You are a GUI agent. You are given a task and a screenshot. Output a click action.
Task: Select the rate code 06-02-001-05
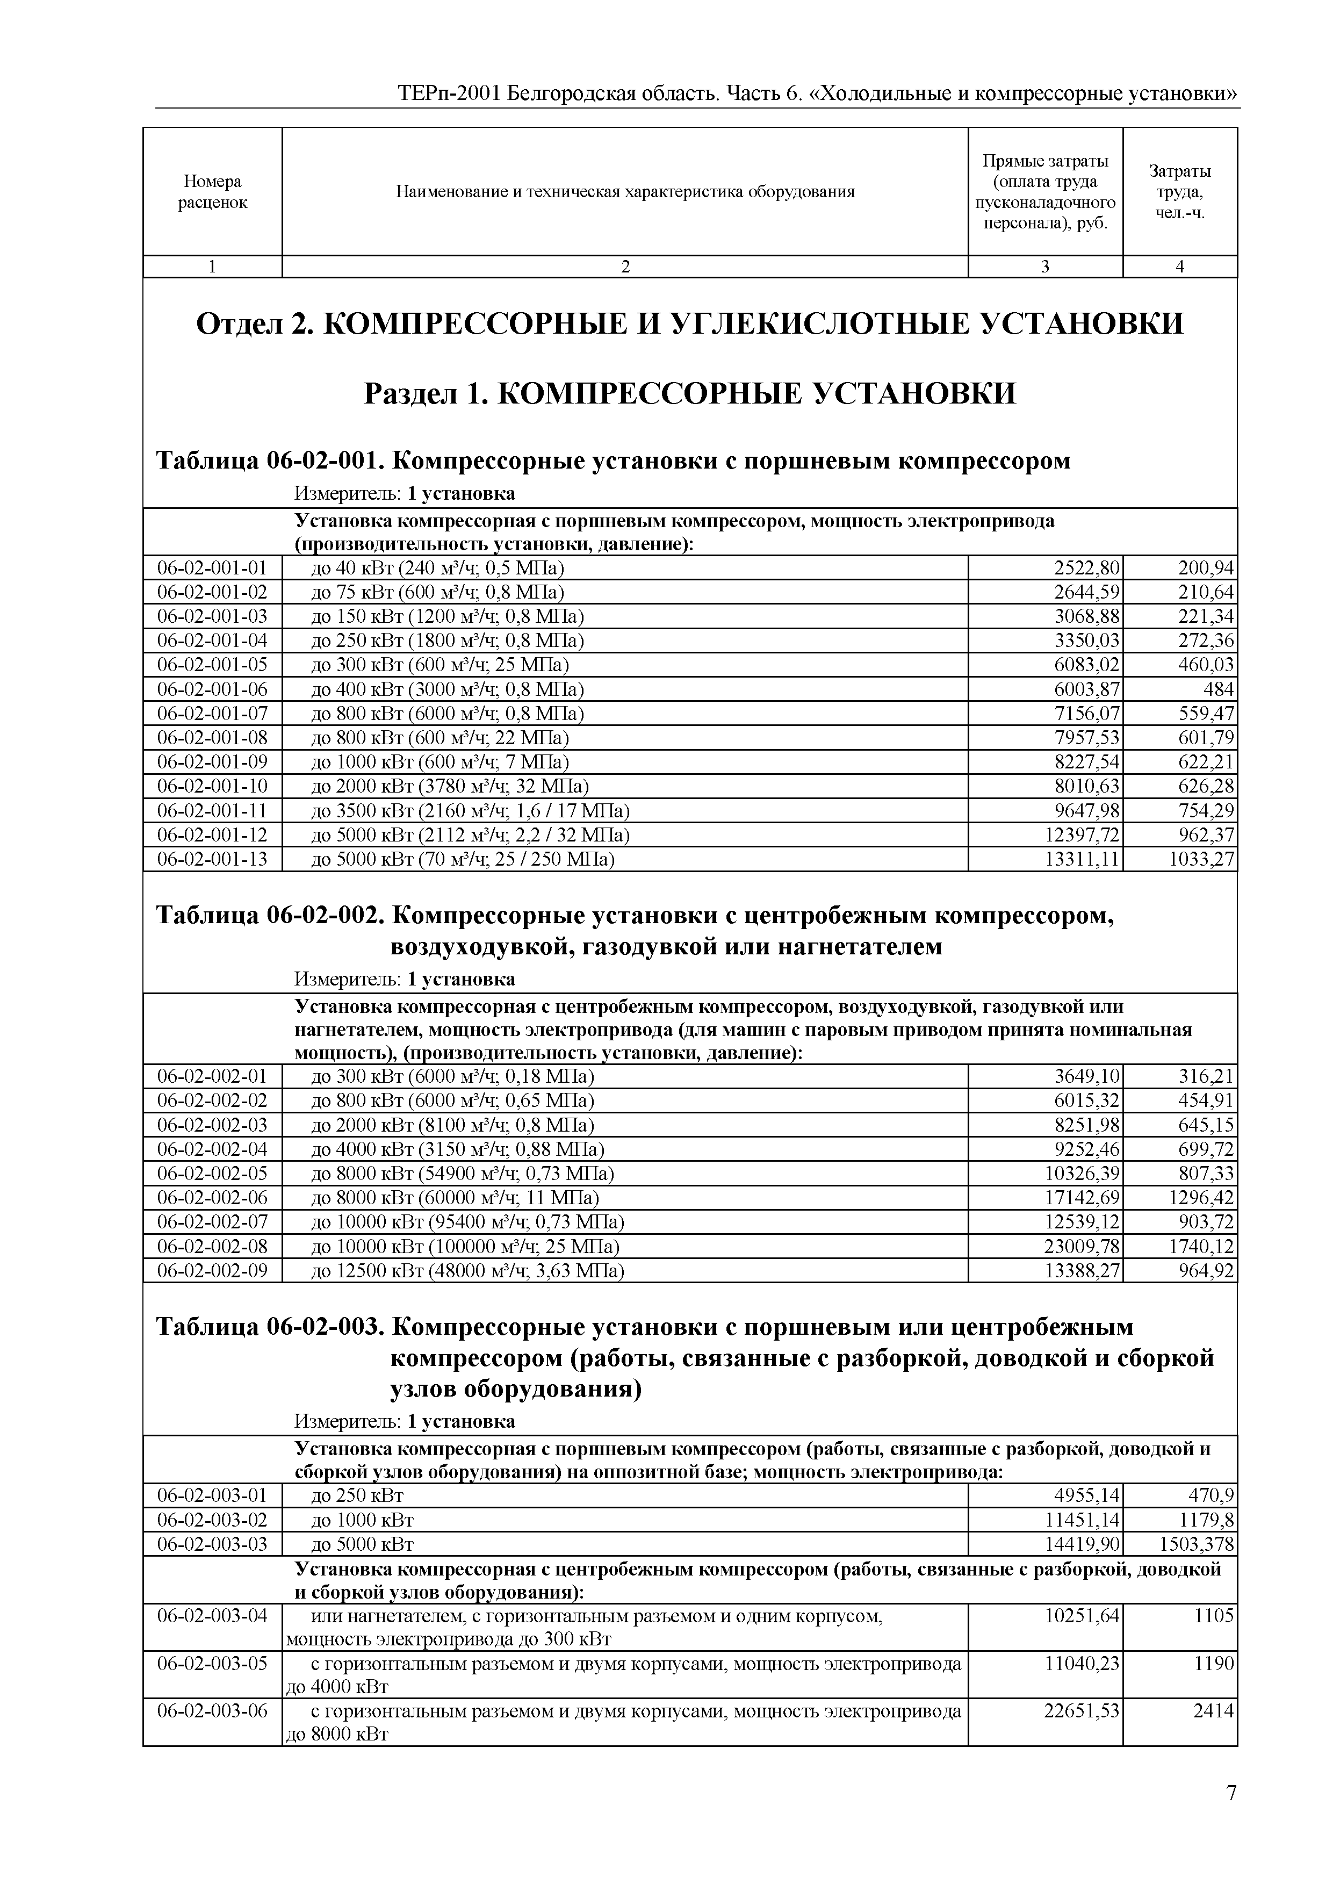213,664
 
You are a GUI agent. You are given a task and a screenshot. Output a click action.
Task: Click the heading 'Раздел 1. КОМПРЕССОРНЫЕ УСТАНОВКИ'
689,394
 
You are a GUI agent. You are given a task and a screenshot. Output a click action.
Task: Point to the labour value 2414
1213,1711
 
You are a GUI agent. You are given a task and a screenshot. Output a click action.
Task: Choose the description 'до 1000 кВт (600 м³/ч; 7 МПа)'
440,762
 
